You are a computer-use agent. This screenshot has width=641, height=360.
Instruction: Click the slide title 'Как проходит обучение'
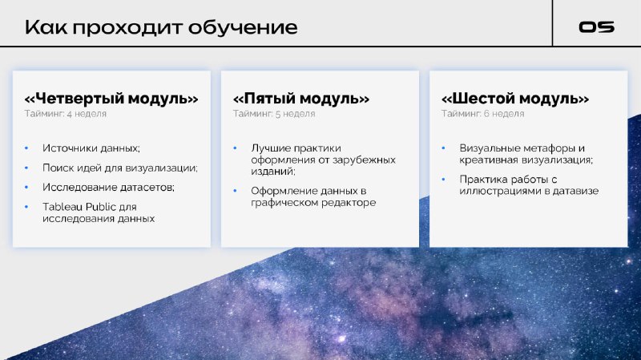coord(161,27)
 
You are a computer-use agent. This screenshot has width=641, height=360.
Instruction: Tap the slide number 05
coord(596,27)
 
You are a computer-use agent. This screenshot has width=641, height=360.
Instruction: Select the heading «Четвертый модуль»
coord(111,99)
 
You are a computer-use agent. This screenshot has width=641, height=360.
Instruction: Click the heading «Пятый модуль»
coord(301,99)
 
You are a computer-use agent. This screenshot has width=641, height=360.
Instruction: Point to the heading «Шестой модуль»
coord(515,99)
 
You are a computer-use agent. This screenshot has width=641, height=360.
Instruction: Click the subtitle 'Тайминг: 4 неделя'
coord(66,114)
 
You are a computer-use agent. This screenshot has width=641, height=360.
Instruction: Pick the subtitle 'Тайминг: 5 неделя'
coord(274,114)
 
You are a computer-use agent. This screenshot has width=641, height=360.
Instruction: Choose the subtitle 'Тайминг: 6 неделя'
coord(483,114)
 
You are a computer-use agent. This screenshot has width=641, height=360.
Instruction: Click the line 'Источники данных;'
coord(91,148)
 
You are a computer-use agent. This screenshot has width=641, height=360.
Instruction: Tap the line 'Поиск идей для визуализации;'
coord(120,168)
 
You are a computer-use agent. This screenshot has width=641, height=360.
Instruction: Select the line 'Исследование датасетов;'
coord(108,188)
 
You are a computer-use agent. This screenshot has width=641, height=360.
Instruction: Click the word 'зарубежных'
coord(364,160)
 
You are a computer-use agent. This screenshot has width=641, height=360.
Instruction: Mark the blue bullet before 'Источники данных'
coord(26,148)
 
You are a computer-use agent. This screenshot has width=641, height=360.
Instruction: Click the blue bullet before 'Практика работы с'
coord(444,179)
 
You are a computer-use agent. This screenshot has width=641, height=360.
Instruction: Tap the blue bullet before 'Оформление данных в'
coord(235,191)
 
